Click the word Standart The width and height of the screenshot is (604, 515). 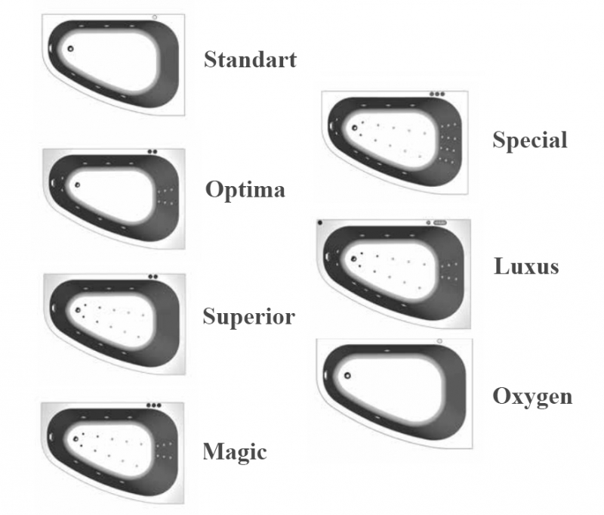pos(250,60)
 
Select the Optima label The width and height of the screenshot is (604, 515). pos(245,189)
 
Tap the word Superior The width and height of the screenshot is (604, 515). pos(248,317)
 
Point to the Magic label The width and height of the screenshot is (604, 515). pos(235,452)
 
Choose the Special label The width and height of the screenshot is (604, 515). pos(529,140)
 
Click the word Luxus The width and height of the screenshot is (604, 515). pos(526,266)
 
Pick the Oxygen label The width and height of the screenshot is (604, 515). pos(532,396)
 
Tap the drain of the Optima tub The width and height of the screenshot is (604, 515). pos(75,184)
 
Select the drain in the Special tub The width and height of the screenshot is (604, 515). pos(354,129)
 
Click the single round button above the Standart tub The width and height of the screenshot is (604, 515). pos(155,16)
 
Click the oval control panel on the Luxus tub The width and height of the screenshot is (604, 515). pos(440,223)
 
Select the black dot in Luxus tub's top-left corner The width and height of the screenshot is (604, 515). pos(320,222)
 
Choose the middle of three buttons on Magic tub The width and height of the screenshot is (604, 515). pos(154,405)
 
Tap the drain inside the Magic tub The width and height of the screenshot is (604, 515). pos(75,439)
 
